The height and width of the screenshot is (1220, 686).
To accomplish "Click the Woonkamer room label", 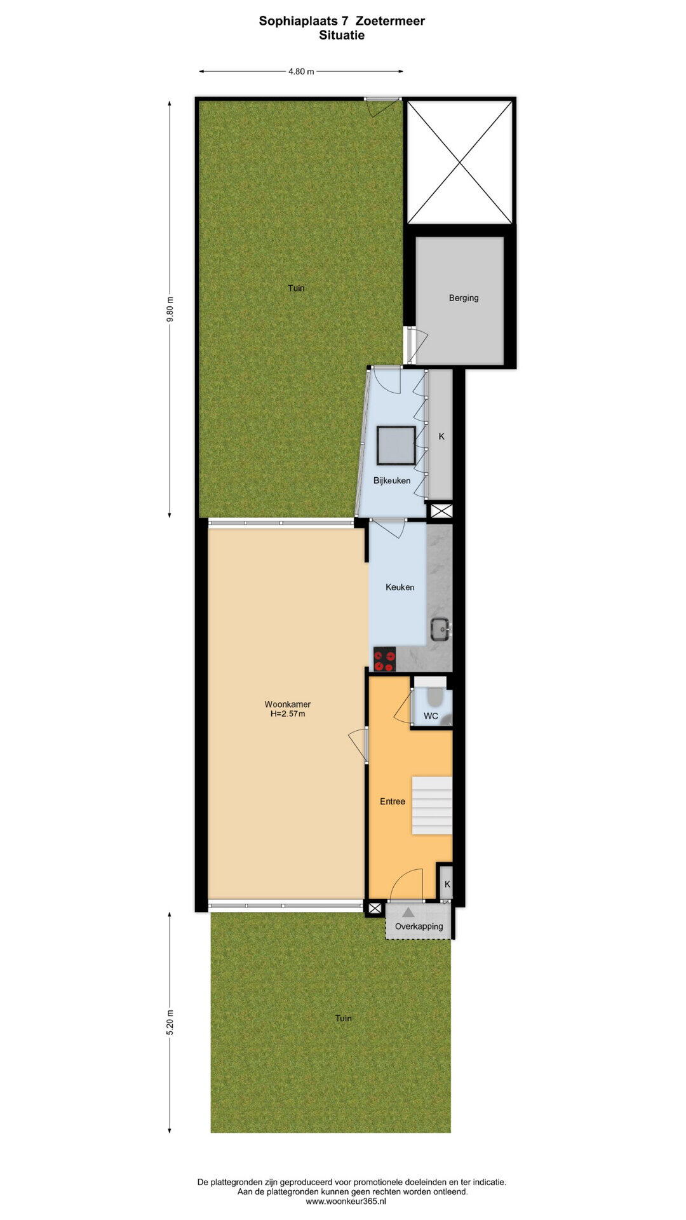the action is click(288, 704).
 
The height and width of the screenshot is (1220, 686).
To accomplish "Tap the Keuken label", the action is click(400, 587).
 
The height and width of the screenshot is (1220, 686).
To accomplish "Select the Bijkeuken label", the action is click(392, 480).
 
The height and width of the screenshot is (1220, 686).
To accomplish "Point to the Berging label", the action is click(464, 297).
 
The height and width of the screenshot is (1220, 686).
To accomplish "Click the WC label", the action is click(431, 716).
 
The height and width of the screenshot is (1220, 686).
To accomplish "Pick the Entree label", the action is click(393, 801).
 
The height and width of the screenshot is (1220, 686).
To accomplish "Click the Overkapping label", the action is click(419, 926).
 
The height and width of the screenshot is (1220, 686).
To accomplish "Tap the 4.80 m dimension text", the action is click(301, 72).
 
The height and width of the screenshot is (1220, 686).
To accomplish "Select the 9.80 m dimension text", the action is click(170, 309).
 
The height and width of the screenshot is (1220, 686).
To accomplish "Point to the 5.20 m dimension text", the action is click(170, 1022).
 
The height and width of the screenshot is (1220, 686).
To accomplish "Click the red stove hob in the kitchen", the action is click(384, 659).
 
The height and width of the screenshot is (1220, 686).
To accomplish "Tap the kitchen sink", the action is click(440, 630).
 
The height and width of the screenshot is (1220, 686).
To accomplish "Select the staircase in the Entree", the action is click(432, 804).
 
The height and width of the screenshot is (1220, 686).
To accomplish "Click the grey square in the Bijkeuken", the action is click(396, 445).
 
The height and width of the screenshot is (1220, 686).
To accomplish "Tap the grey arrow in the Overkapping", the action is click(408, 912).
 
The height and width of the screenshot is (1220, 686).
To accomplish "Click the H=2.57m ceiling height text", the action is click(288, 714).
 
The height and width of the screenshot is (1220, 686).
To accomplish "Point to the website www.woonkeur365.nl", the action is click(346, 1202).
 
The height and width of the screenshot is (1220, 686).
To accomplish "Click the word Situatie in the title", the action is click(342, 36).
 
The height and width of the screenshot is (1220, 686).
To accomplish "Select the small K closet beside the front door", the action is click(447, 883).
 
